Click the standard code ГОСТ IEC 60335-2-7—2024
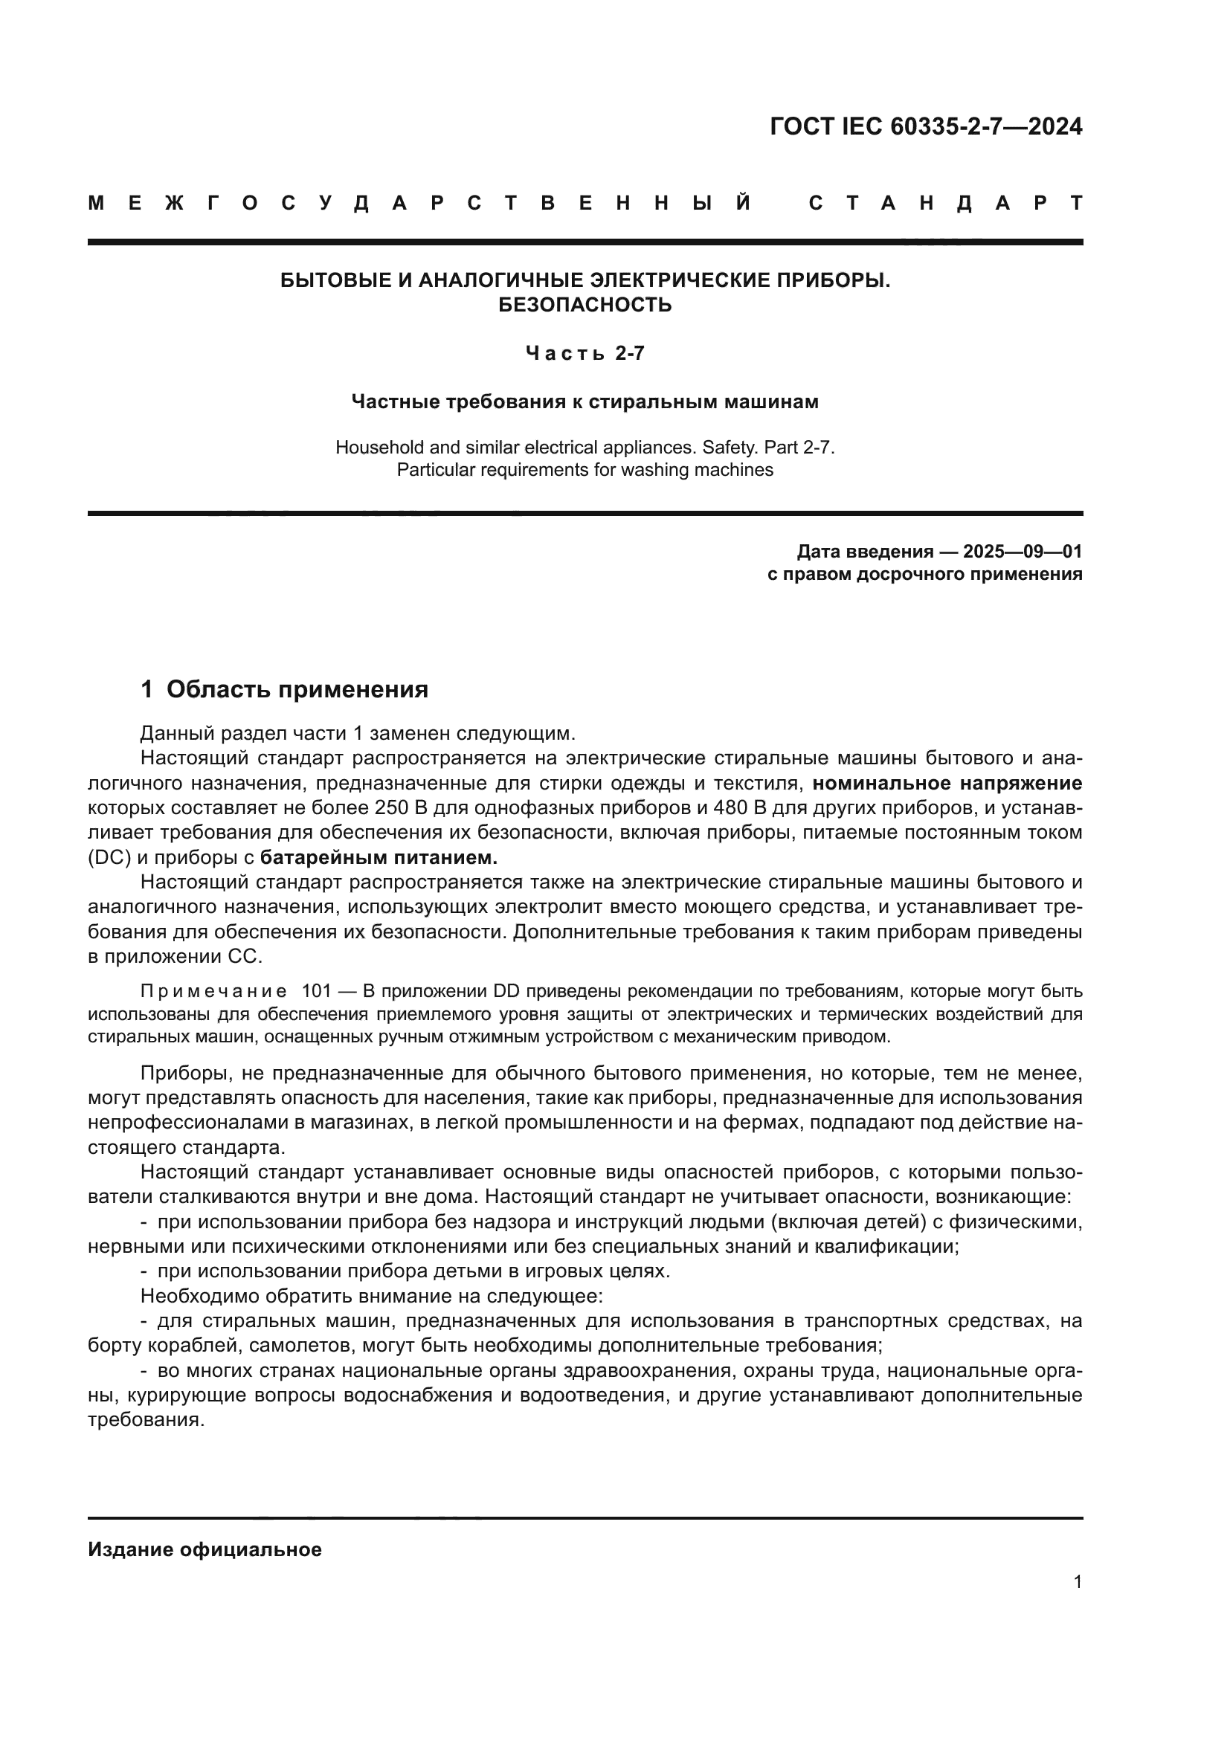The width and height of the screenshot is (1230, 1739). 926,126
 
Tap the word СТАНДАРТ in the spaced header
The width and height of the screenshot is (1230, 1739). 945,204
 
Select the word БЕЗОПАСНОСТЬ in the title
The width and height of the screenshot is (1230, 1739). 585,306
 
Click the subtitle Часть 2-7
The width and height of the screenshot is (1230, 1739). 585,354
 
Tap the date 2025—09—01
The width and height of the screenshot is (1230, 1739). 1023,552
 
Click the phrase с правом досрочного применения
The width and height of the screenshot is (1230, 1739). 925,574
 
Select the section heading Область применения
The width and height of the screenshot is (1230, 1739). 297,690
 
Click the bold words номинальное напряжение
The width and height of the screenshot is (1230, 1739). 947,783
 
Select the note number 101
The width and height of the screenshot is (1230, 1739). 316,992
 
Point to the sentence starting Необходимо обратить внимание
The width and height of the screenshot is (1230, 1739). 371,1296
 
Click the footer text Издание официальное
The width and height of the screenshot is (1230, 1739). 205,1549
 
